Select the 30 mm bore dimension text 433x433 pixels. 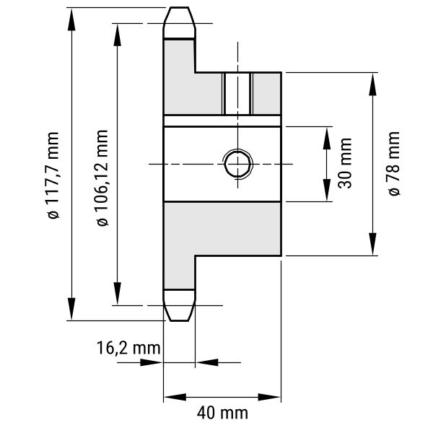(x=345, y=163)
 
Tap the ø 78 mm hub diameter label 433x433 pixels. (x=393, y=163)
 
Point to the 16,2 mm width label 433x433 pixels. (x=128, y=347)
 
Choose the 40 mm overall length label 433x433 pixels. (x=222, y=414)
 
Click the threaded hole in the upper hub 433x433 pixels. (x=237, y=94)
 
